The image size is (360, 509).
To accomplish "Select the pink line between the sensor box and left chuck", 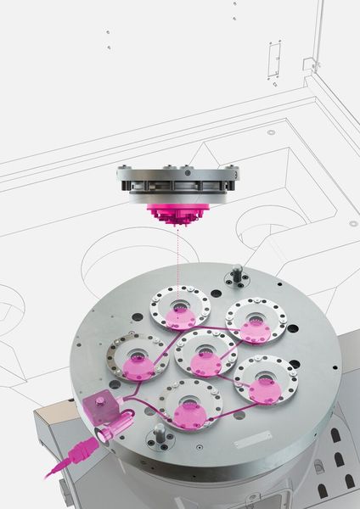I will tap(119, 386).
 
